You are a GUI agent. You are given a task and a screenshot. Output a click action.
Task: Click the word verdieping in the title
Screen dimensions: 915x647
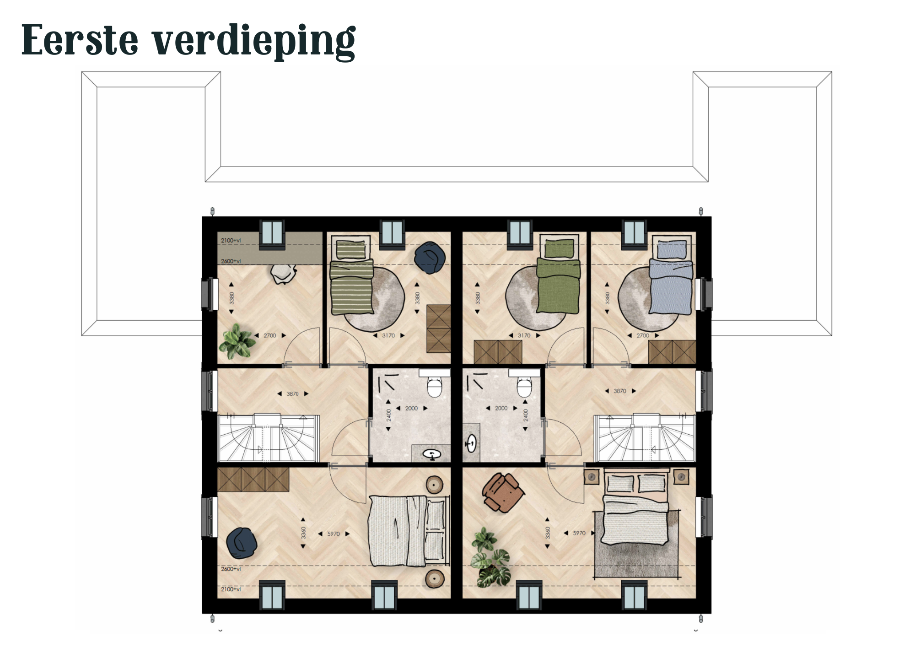click(x=253, y=41)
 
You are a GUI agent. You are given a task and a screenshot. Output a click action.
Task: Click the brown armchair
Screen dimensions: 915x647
click(x=502, y=492)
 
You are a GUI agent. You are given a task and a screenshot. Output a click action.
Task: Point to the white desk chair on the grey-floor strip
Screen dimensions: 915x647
click(x=283, y=274)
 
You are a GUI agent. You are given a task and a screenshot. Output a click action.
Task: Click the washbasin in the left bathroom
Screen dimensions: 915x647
click(x=431, y=454)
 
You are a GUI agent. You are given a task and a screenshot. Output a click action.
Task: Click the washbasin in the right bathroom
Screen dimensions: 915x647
click(x=471, y=442)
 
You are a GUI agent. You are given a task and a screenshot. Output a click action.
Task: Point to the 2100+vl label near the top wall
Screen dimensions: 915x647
click(x=231, y=240)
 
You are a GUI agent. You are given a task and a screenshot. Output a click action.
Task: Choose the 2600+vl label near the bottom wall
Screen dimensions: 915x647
click(x=231, y=569)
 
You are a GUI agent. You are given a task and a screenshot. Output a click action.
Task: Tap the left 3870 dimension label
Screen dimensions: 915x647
click(x=292, y=394)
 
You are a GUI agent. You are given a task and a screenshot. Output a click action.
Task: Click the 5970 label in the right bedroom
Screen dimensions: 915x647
click(x=579, y=533)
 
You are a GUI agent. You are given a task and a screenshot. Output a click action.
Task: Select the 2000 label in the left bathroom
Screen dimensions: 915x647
click(x=411, y=408)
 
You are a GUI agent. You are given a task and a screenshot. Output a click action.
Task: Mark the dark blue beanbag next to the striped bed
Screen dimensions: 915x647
click(x=430, y=258)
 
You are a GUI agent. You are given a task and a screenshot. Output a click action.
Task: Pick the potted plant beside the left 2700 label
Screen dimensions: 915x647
click(x=237, y=341)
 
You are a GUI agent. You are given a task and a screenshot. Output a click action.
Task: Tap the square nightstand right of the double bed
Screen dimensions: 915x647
click(x=681, y=477)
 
